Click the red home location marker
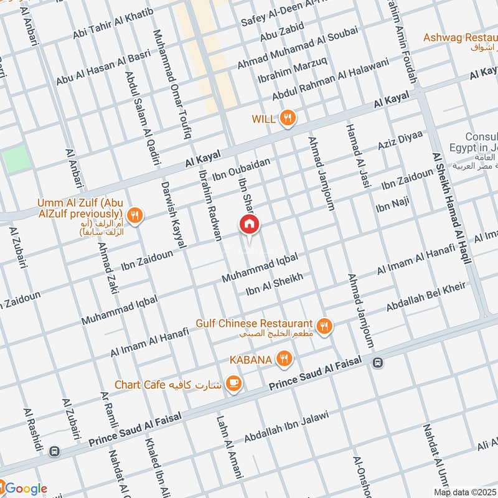[x=249, y=224]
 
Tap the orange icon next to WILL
[x=287, y=118]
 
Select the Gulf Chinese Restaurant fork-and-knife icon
[x=323, y=324]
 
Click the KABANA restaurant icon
[x=284, y=359]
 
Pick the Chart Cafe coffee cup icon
[x=233, y=383]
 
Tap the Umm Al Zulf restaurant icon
[x=137, y=215]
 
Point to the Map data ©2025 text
[x=465, y=492]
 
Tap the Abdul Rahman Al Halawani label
[x=330, y=80]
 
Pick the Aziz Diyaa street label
[x=400, y=141]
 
